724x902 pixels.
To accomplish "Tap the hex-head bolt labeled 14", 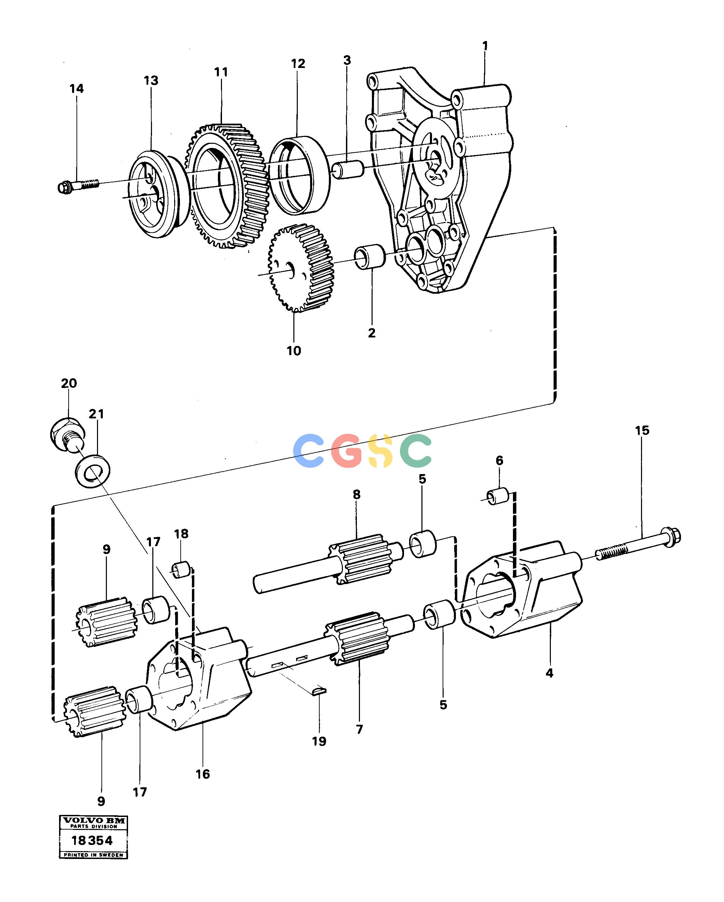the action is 78,185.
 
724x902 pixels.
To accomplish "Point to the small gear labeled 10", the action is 301,268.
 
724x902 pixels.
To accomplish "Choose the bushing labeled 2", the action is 370,257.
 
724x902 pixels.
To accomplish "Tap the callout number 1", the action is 485,46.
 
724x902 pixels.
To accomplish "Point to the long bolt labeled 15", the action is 638,545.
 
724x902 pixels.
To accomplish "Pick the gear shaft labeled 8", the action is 328,563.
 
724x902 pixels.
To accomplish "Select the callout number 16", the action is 203,774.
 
